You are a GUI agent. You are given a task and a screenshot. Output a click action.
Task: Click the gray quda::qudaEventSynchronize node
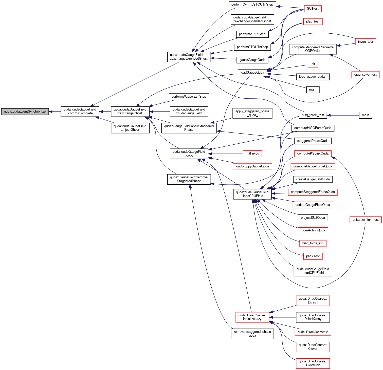pos(25,112)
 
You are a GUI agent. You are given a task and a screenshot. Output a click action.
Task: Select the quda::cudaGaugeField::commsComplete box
pos(80,112)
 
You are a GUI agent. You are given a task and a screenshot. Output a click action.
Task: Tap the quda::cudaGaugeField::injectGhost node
pos(130,128)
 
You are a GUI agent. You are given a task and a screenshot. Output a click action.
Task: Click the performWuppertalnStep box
pos(189,97)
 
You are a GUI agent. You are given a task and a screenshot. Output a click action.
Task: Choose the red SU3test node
pos(313,9)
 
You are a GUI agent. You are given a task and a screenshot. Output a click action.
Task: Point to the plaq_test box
pos(313,21)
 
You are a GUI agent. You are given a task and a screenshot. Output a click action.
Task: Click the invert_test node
pos(366,42)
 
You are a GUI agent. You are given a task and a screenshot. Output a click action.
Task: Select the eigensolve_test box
pos(366,75)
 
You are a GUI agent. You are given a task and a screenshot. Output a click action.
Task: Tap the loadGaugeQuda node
pos(252,73)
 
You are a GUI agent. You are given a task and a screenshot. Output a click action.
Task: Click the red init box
pos(313,64)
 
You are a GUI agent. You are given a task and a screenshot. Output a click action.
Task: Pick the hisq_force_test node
pos(313,115)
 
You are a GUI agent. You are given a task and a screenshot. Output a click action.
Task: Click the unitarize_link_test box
pos(366,220)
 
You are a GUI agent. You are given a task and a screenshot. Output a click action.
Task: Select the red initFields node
pos(252,154)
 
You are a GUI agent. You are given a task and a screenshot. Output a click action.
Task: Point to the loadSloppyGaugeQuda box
pos(252,166)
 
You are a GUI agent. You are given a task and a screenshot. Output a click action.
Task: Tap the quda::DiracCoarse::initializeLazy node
pos(252,317)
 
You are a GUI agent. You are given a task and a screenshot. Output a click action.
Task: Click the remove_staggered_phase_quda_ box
pos(252,334)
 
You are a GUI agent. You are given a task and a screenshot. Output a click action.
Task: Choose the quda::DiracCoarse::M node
pos(313,332)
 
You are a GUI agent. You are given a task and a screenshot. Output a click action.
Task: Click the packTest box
pos(313,256)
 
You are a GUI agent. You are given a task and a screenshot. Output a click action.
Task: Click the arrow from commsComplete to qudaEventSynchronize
pos(55,112)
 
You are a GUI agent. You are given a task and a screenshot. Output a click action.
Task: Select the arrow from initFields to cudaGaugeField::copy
pos(226,154)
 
